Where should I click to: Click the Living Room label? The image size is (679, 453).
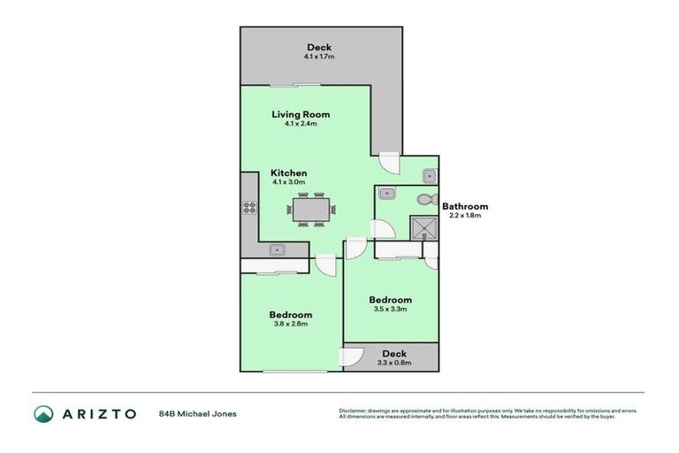click(301, 114)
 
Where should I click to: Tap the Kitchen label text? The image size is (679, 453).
click(288, 173)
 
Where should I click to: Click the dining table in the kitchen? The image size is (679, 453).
click(310, 210)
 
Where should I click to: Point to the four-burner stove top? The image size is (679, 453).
click(249, 210)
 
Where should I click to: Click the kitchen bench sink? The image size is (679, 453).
click(277, 250)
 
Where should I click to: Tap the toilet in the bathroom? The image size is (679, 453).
click(424, 199)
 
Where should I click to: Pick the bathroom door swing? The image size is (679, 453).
click(382, 228)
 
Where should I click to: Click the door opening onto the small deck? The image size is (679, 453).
click(353, 358)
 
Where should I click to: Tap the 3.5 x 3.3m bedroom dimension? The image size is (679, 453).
click(390, 310)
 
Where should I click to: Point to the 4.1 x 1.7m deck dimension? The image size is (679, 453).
click(318, 57)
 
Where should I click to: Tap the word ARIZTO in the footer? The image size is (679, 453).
click(98, 413)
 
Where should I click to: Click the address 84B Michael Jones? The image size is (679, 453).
click(197, 413)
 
